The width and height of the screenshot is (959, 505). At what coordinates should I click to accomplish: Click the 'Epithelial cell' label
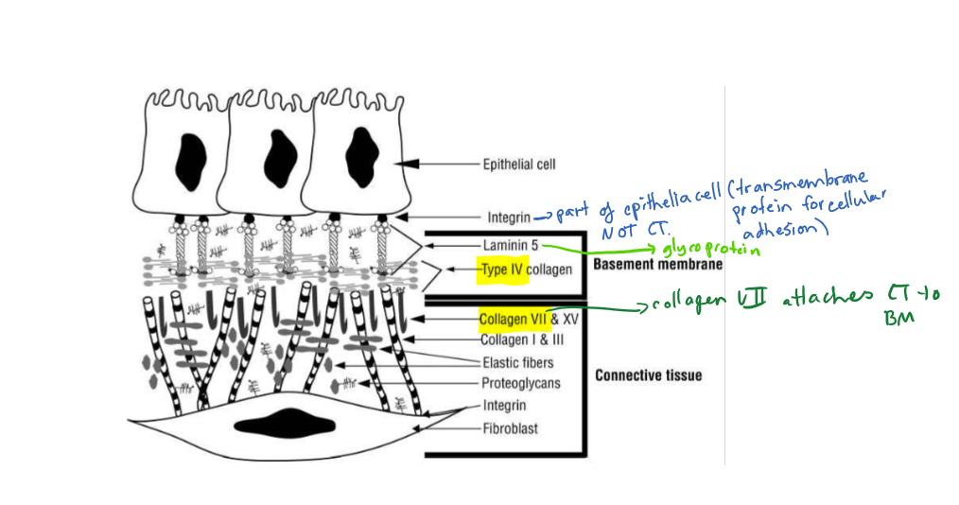click(519, 164)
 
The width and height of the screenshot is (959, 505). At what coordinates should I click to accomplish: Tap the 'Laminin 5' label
click(509, 245)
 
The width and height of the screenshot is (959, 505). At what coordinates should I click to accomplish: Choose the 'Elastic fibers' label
click(516, 362)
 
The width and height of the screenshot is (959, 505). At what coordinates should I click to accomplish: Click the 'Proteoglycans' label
click(520, 383)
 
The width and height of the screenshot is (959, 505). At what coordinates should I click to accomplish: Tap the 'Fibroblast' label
click(509, 428)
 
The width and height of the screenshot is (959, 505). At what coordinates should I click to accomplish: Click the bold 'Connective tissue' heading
click(648, 375)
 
